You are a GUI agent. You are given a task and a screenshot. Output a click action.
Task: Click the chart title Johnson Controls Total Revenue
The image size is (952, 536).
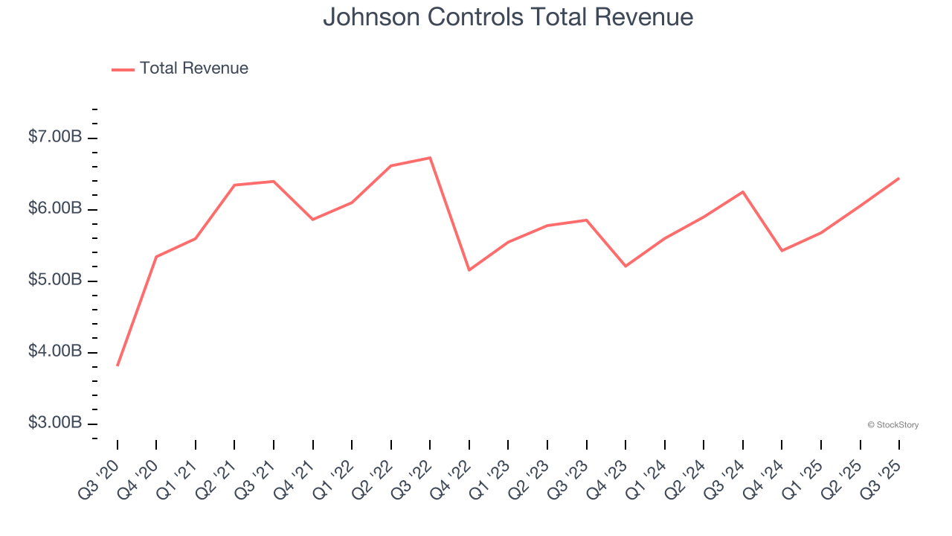click(x=508, y=16)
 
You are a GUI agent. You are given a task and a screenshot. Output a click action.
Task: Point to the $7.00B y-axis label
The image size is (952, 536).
click(x=55, y=137)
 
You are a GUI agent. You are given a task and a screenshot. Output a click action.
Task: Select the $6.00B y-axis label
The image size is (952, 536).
click(x=55, y=208)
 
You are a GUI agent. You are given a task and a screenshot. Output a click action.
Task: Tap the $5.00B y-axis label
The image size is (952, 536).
click(x=55, y=280)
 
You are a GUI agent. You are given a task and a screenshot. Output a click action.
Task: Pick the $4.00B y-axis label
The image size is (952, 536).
click(x=55, y=351)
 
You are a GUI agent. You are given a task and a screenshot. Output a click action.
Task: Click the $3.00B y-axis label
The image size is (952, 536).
click(x=55, y=423)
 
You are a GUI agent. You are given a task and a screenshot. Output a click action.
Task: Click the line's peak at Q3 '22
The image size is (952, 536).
click(x=430, y=158)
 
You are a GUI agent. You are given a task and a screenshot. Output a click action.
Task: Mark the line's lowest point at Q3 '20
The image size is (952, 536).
click(x=118, y=366)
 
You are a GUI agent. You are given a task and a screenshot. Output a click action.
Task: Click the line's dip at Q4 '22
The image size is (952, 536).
click(x=469, y=269)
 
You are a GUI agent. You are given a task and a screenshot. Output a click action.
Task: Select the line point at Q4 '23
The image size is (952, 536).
click(x=625, y=266)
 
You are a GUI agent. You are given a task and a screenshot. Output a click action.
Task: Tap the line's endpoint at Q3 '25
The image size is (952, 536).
click(x=898, y=179)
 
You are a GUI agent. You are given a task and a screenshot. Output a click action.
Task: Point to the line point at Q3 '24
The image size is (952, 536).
click(x=742, y=192)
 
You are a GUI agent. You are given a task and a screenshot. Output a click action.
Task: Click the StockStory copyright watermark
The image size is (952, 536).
click(x=892, y=425)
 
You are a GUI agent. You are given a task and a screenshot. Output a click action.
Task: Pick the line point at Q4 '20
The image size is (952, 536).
click(x=156, y=257)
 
